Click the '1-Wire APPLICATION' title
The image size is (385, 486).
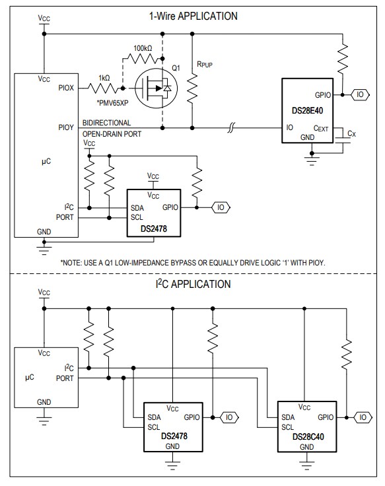click(x=193, y=16)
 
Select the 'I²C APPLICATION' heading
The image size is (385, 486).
click(x=193, y=285)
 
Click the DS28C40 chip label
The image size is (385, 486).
click(x=306, y=436)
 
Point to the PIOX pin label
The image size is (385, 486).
click(x=67, y=87)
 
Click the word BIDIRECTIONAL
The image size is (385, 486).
click(x=106, y=123)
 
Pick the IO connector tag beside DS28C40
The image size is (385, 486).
click(x=363, y=417)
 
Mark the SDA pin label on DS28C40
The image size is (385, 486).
click(x=287, y=417)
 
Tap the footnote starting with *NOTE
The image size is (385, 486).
click(x=193, y=262)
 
